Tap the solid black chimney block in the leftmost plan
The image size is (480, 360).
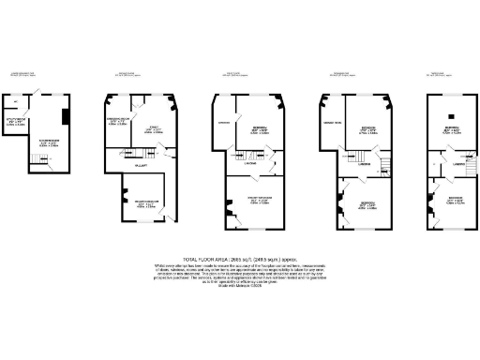tap(64, 117)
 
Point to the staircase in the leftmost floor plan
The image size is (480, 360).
tap(37, 161)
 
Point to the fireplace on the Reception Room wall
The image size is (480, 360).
tap(121, 200)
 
